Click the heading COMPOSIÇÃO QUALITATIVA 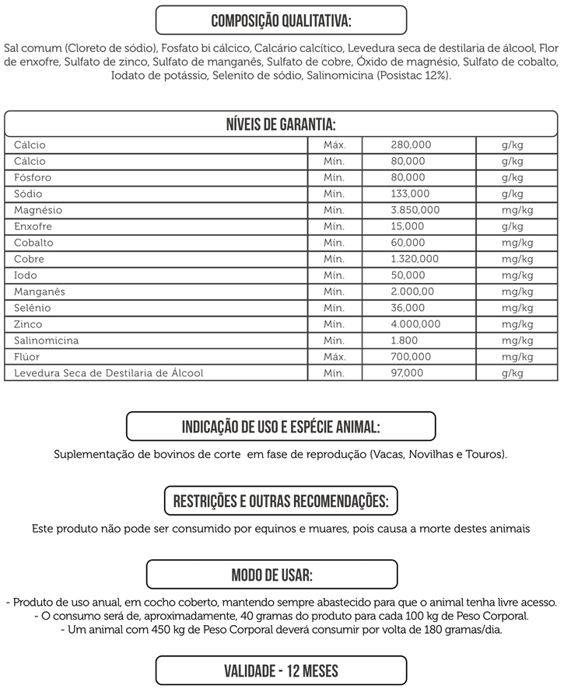click(281, 19)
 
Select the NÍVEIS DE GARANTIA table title click(281, 124)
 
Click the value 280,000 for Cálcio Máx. click(410, 145)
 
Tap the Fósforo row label click(30, 178)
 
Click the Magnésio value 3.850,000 click(415, 211)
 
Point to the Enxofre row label click(33, 227)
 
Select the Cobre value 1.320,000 click(415, 260)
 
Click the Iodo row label click(26, 276)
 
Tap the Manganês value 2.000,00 click(412, 292)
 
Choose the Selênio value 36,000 click(408, 309)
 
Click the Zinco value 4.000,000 click(415, 325)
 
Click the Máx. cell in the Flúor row click(335, 358)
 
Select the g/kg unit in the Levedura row click(513, 374)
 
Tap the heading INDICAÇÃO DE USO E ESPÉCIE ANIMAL click(281, 427)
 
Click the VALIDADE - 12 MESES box click(281, 670)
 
